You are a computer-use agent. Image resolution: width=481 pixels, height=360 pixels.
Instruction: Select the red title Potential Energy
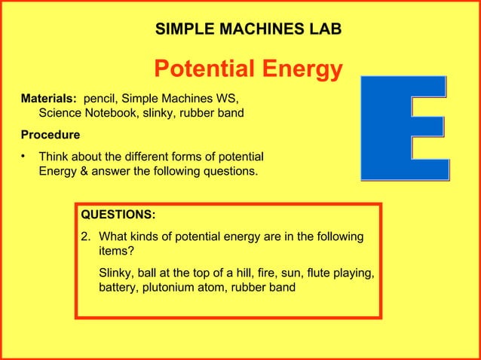point(248,70)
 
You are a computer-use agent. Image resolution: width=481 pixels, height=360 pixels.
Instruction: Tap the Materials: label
point(48,99)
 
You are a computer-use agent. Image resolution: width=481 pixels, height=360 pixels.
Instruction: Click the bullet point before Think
point(24,157)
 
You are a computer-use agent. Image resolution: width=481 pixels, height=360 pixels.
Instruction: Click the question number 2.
point(85,237)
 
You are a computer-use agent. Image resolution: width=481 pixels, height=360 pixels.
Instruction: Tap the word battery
point(119,288)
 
